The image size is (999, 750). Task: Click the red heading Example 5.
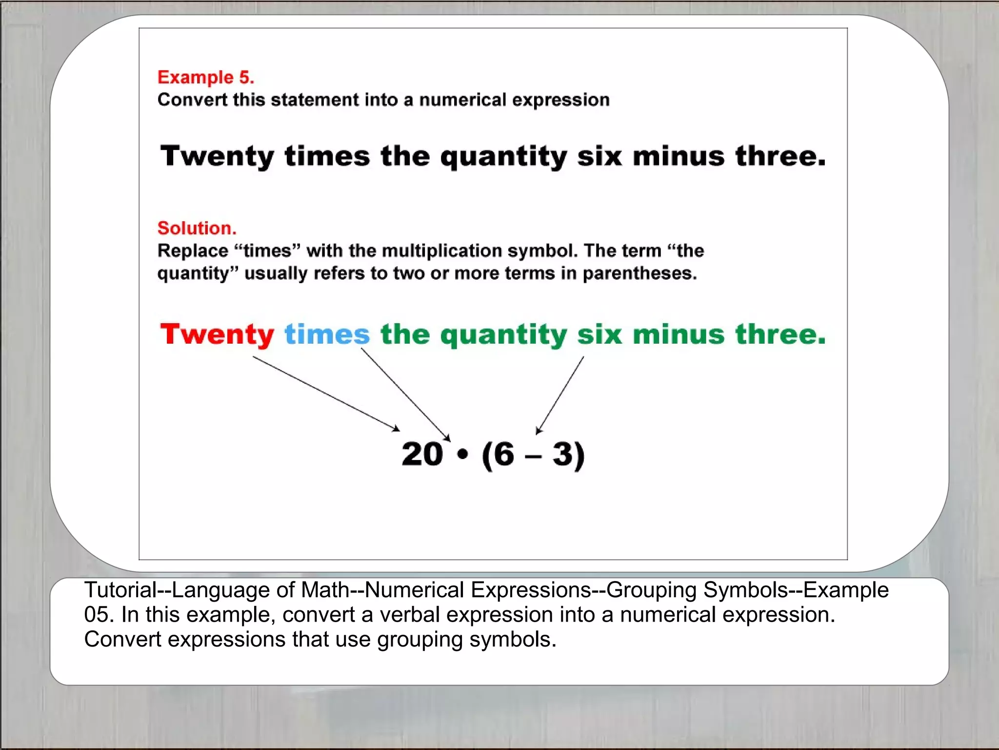tap(205, 78)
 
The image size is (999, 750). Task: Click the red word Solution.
tap(197, 228)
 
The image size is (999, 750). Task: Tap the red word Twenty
tap(217, 335)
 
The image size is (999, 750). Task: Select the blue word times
tap(327, 335)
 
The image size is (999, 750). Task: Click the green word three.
tap(780, 335)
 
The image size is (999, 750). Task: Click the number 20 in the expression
tap(422, 454)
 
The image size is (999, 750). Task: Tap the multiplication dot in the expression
tap(463, 455)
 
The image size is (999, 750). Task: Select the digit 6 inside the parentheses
tap(504, 454)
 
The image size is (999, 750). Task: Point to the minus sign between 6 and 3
tap(533, 457)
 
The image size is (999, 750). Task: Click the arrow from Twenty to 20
tap(326, 394)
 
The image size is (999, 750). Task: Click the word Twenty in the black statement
tap(217, 156)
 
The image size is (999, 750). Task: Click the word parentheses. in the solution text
tap(639, 273)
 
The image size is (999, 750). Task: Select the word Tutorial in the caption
tap(120, 590)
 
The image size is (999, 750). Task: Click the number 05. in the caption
tap(99, 615)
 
